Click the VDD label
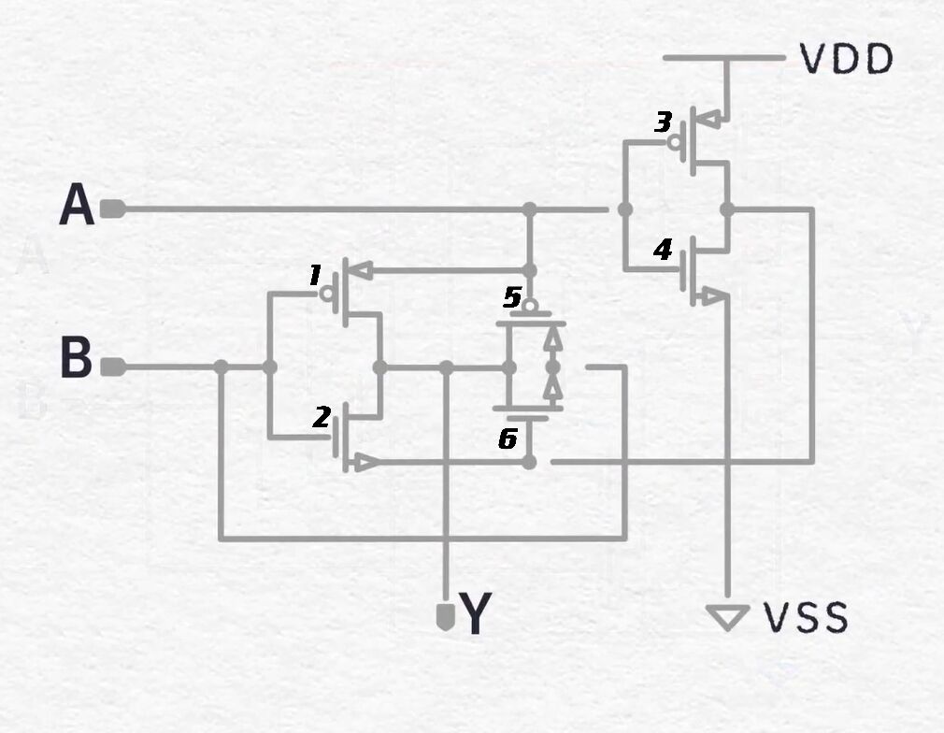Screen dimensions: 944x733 pos(847,58)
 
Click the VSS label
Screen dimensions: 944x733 pos(806,617)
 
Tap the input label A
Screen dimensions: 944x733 pos(77,205)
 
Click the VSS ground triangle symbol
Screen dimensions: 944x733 pos(728,617)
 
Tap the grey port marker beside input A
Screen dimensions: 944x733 pos(112,209)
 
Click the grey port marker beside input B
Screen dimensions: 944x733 pos(112,366)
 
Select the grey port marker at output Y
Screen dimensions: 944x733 pos(445,617)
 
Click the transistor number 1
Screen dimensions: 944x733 pos(315,275)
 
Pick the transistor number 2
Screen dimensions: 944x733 pos(322,417)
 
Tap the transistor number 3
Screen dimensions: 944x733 pos(663,122)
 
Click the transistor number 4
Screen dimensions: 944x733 pos(663,250)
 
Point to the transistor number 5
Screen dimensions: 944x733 pos(512,297)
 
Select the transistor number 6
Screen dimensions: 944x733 pos(508,439)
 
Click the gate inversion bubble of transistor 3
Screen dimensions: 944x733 pos(675,142)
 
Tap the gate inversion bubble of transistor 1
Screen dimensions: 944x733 pos(328,294)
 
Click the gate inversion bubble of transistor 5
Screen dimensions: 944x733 pos(530,306)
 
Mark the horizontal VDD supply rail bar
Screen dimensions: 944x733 pos(724,58)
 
